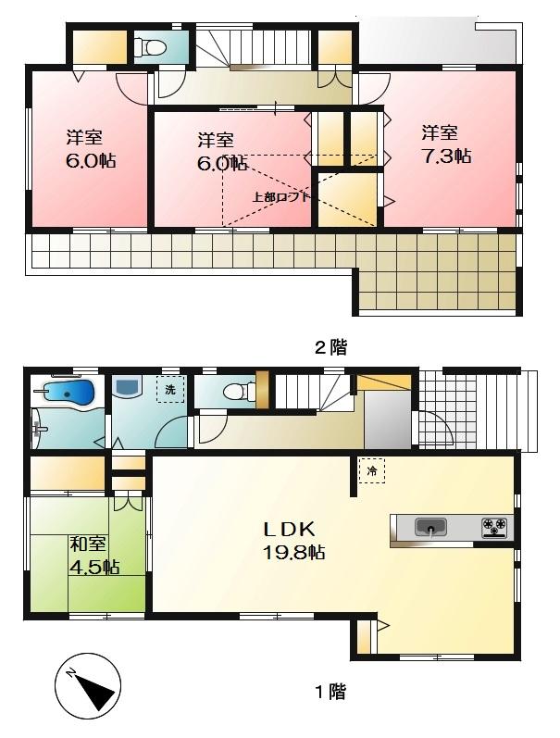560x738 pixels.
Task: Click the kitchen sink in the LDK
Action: click(x=429, y=527)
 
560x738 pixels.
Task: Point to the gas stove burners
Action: click(x=494, y=527)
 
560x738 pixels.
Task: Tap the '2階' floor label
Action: click(x=330, y=348)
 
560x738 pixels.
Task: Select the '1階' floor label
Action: click(x=330, y=691)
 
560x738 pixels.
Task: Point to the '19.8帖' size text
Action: click(x=292, y=552)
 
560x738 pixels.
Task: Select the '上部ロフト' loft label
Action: click(x=280, y=196)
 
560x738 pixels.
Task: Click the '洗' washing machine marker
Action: click(x=169, y=389)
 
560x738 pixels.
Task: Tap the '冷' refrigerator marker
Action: click(x=372, y=470)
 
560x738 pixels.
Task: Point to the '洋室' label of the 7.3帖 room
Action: click(x=441, y=133)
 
